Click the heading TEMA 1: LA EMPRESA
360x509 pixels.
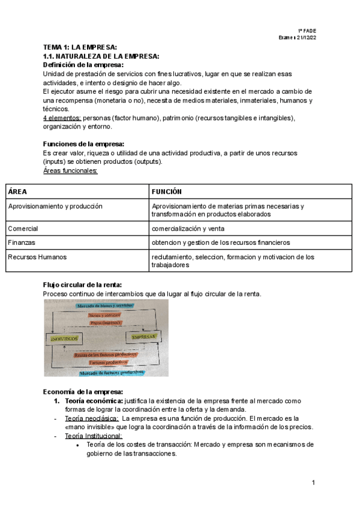[80, 47]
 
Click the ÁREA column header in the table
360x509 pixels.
[17, 191]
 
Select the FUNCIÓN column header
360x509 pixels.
[167, 191]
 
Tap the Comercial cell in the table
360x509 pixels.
[23, 229]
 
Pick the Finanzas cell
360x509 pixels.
[22, 242]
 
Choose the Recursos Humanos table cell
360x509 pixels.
[37, 257]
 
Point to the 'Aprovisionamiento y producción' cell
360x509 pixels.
[55, 206]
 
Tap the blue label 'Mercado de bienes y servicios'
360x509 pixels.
[106, 306]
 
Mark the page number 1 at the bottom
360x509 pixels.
[313, 483]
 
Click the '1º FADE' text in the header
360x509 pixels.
[307, 30]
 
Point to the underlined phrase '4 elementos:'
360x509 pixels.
[62, 118]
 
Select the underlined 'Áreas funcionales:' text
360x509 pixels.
[70, 170]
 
